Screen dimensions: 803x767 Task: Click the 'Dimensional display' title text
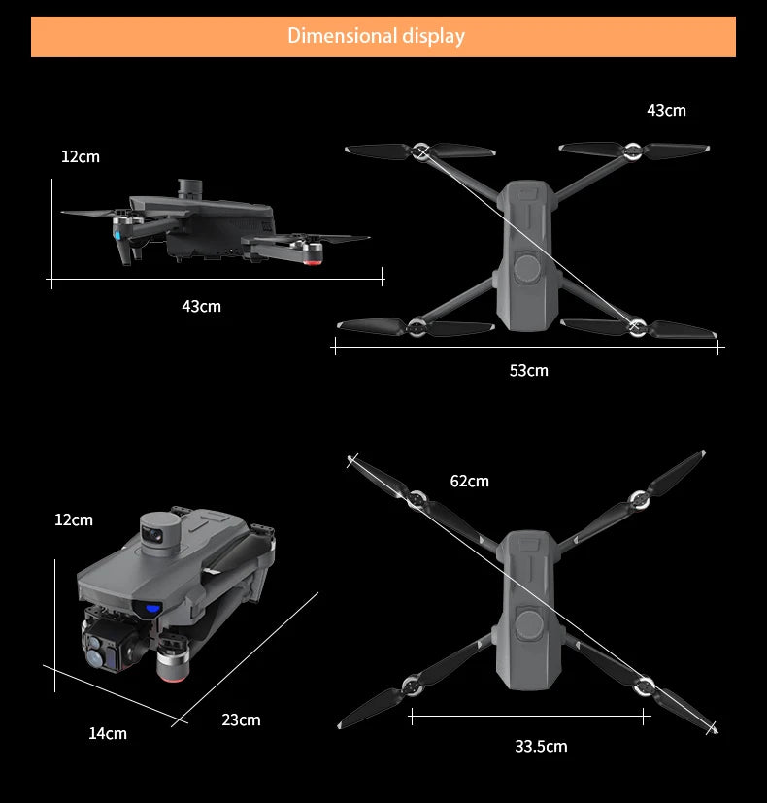coord(376,37)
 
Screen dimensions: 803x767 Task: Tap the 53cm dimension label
coord(528,371)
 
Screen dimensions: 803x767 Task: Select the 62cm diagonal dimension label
coord(469,482)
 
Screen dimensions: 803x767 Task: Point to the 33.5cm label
coord(541,747)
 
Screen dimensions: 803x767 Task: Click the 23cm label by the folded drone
coord(241,720)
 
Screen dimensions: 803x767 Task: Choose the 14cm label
coord(108,734)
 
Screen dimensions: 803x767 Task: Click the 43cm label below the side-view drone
coord(201,307)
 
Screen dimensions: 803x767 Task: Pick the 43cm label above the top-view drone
coord(666,111)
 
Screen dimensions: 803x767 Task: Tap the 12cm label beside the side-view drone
coord(80,157)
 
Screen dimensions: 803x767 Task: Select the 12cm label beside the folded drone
coord(74,520)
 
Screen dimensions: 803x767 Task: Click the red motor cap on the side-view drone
coord(315,258)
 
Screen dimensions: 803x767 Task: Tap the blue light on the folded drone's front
coord(152,609)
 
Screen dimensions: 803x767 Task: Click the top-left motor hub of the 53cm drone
coord(421,151)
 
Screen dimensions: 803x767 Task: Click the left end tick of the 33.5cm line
coord(412,717)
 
